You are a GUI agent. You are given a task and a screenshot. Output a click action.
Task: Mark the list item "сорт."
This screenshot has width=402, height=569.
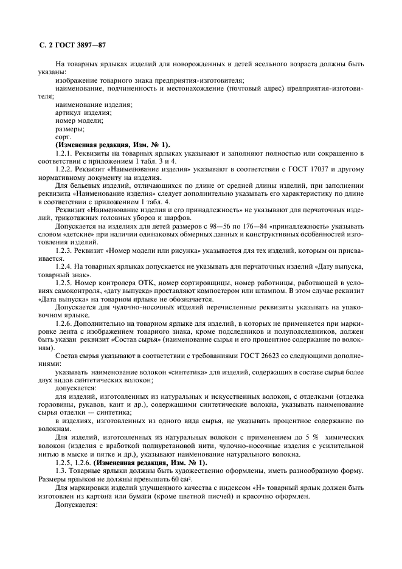pos(63,137)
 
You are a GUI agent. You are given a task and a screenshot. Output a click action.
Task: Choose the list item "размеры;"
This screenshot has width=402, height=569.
pos(69,128)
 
